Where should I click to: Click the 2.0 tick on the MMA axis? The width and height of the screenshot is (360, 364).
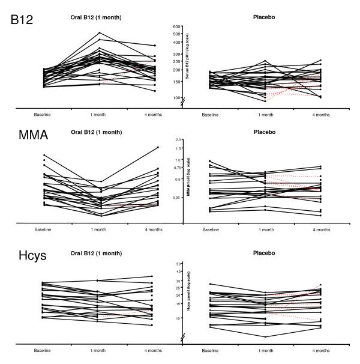(x=178, y=139)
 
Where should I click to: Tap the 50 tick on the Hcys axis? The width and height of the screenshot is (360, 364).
(x=178, y=264)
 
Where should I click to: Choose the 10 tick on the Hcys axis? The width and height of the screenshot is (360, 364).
(x=178, y=318)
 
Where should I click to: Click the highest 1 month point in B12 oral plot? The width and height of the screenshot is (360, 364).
(x=100, y=32)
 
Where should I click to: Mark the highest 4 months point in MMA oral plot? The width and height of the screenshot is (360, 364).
(x=157, y=147)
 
